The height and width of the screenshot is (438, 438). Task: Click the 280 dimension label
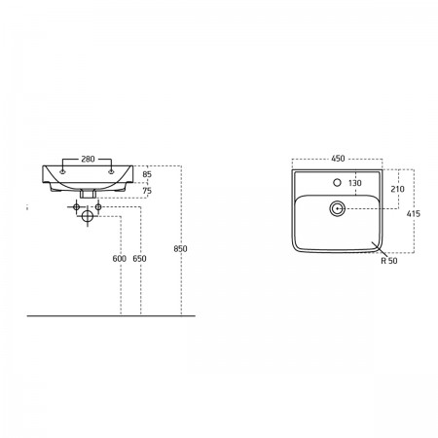coord(88,159)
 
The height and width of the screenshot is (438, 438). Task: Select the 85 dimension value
coord(147,174)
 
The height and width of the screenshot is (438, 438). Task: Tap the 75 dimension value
coord(147,191)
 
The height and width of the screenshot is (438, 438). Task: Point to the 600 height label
coord(119,259)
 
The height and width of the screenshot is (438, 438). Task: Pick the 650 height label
coord(139,259)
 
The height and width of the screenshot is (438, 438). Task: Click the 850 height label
coord(180,249)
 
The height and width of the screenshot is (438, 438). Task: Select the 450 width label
coord(338,159)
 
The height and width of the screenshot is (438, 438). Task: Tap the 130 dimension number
coord(355,183)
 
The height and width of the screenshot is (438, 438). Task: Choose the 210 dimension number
coord(397,189)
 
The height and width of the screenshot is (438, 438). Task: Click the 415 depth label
coord(413,213)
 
